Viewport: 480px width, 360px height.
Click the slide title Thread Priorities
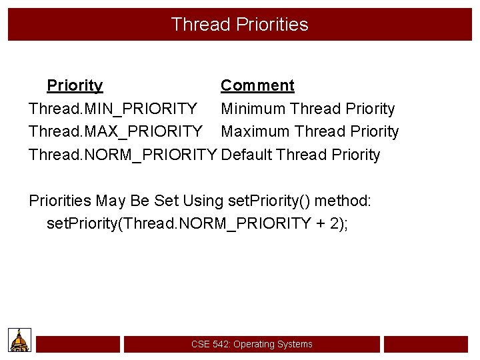point(239,25)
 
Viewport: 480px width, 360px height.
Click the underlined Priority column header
point(75,85)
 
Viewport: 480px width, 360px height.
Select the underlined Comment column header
point(257,85)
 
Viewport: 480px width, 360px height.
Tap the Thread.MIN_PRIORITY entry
point(113,109)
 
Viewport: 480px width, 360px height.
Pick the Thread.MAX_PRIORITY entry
point(115,131)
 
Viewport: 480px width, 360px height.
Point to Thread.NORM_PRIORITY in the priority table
point(123,155)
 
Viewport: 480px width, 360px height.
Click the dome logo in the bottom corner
point(20,340)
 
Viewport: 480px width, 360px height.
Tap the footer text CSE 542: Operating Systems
point(251,344)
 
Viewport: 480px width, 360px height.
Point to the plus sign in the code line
point(321,223)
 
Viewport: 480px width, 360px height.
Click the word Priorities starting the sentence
point(60,201)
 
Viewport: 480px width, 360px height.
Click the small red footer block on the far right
point(426,344)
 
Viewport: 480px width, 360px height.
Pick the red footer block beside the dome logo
point(78,344)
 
